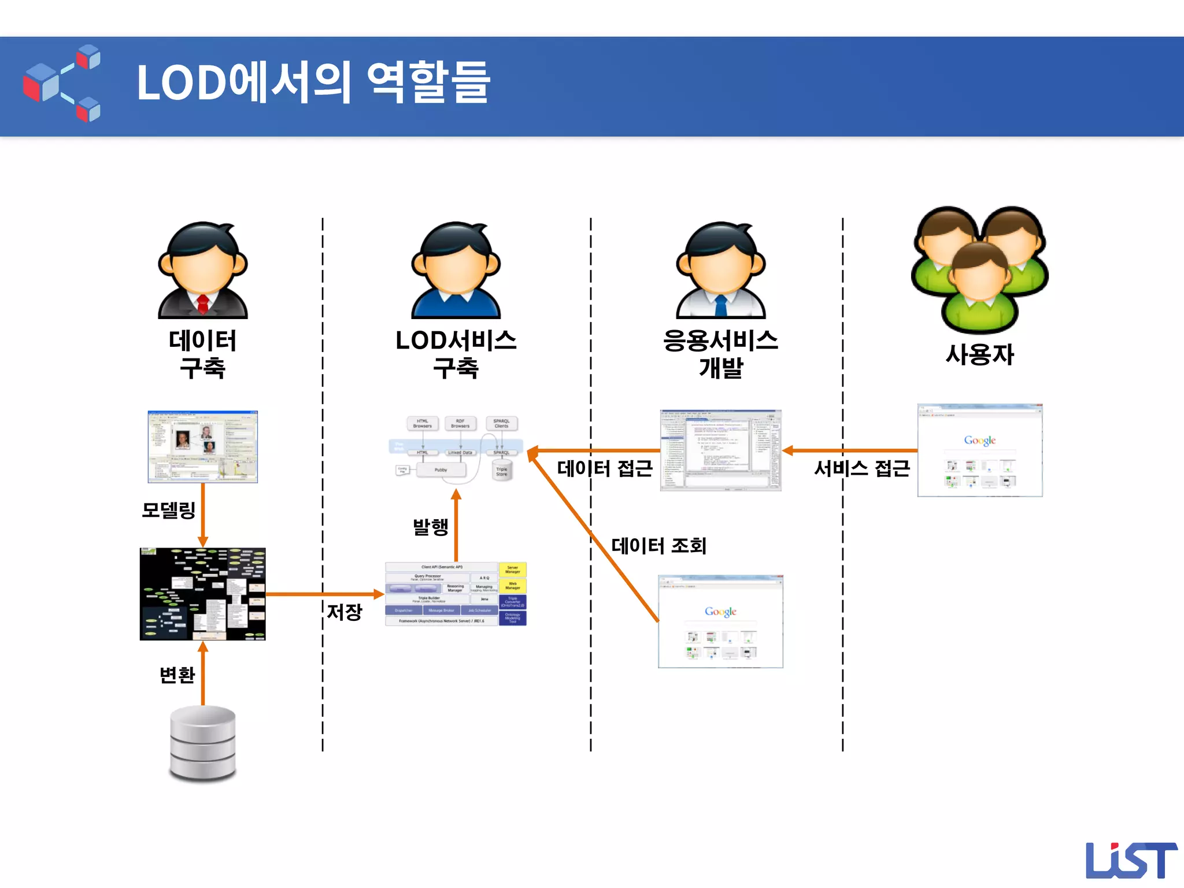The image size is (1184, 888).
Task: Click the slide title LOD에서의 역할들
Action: [313, 83]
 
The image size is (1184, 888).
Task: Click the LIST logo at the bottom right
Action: [1130, 860]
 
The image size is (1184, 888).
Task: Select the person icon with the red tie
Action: [203, 271]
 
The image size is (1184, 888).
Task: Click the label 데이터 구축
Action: [202, 354]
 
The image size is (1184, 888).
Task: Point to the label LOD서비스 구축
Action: [456, 354]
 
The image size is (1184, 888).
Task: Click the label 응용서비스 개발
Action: [720, 354]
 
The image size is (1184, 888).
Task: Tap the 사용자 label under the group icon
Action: [979, 354]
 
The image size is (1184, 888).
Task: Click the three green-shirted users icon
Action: [979, 269]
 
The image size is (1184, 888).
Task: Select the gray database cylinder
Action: [203, 743]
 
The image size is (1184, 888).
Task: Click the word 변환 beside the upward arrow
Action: [177, 675]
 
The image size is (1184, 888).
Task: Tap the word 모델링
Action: [168, 510]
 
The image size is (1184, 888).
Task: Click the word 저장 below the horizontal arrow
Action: [345, 612]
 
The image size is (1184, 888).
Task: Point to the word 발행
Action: [430, 526]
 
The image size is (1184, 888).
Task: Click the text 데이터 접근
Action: [605, 468]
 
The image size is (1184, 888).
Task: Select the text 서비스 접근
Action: [861, 468]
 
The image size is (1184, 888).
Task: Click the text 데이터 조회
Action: [658, 545]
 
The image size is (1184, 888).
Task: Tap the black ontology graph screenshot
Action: [202, 594]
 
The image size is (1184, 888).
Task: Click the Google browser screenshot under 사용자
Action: [979, 450]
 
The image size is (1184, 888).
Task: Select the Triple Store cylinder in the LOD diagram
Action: [501, 471]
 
